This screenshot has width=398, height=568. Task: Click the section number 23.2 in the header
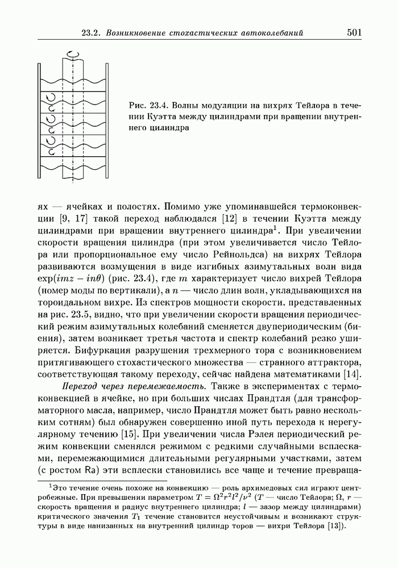94,33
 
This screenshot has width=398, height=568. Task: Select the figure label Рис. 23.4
150,106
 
